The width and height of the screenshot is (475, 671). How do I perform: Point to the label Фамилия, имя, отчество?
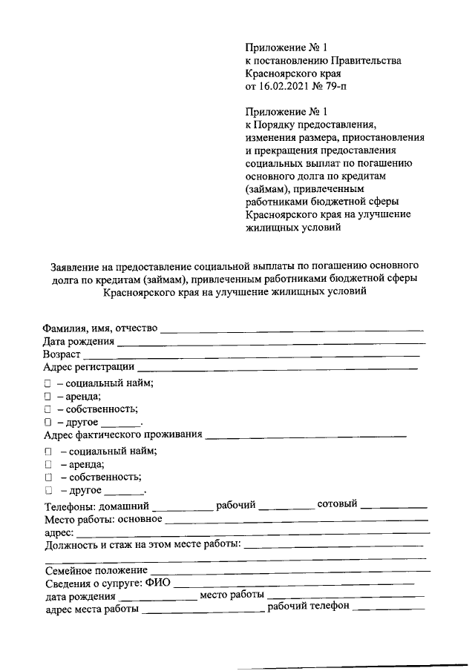click(x=100, y=328)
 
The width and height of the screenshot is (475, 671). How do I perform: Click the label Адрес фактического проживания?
click(x=123, y=434)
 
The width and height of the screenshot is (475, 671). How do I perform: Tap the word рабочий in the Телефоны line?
click(x=236, y=505)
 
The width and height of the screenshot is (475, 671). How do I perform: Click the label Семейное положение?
click(x=96, y=571)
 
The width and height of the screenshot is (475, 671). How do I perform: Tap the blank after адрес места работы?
click(x=203, y=611)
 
